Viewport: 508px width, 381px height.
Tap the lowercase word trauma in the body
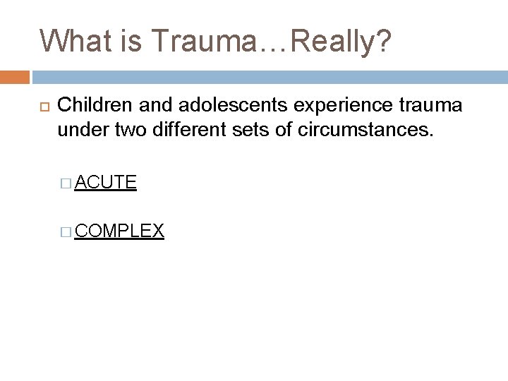pos(433,105)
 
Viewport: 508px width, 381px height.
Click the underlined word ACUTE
pos(105,183)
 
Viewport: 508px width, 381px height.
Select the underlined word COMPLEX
pos(119,230)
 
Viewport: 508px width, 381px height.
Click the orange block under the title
pos(15,76)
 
